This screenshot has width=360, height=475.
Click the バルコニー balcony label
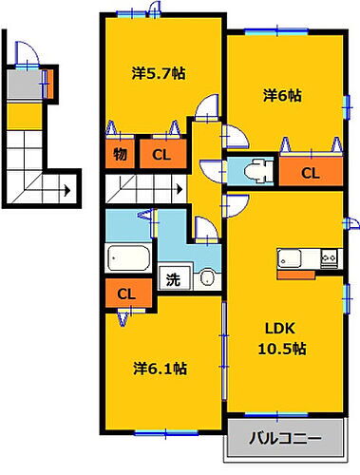click(x=286, y=440)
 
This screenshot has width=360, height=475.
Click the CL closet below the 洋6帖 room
click(x=311, y=172)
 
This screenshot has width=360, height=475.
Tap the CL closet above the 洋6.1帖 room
click(x=125, y=294)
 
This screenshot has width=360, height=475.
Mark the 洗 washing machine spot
click(x=172, y=279)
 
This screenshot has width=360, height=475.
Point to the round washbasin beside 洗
click(x=205, y=279)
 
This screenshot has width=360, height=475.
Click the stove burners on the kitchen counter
click(x=329, y=257)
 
